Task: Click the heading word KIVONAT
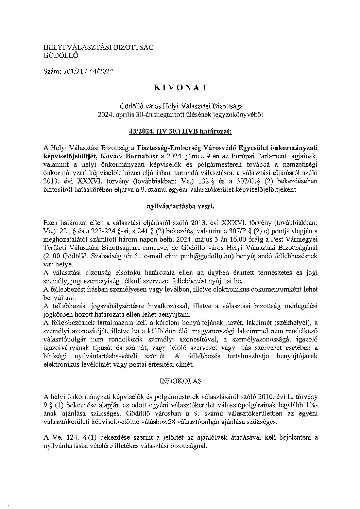180,87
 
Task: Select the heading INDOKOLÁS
180,381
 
